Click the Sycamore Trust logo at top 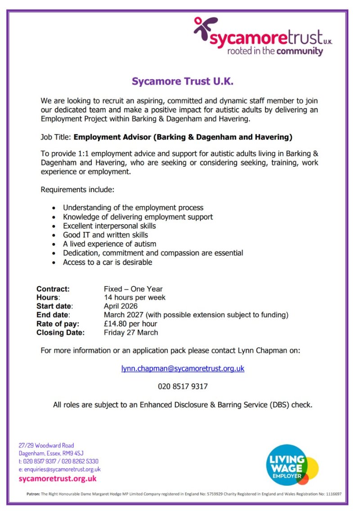tap(263, 37)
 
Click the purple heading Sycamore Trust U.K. tap(183, 81)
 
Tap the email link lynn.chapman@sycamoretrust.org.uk tap(183, 368)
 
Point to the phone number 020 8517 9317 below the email tap(183, 386)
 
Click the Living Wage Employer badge tap(292, 465)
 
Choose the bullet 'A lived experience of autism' tap(109, 244)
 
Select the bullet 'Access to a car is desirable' tap(108, 262)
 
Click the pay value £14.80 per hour tap(130, 324)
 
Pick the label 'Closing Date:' tap(60, 333)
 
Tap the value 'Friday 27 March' tap(131, 333)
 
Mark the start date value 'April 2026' tap(121, 306)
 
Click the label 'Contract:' tap(53, 289)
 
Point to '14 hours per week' tap(135, 297)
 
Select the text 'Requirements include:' tap(77, 190)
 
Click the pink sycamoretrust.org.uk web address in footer tap(58, 479)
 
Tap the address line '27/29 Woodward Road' tap(46, 445)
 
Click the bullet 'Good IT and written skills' tap(105, 235)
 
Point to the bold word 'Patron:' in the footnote tap(33, 494)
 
